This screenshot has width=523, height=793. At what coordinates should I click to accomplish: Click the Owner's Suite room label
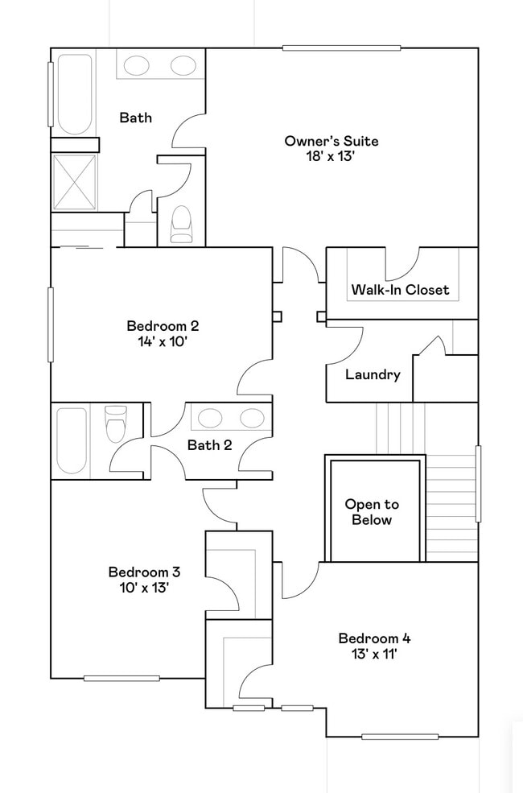click(331, 141)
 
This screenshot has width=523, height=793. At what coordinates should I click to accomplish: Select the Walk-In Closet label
click(400, 290)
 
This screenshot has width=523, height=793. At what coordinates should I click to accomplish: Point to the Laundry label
click(373, 374)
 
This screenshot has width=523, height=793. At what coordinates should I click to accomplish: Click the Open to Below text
click(372, 512)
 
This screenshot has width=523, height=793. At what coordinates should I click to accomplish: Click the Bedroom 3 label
click(145, 572)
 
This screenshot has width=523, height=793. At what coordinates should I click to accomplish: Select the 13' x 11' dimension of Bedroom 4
click(374, 654)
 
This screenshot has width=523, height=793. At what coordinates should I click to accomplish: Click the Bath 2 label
click(210, 445)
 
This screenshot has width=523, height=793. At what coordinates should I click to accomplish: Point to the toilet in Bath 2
click(115, 423)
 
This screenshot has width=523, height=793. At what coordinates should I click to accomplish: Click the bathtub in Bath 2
click(72, 440)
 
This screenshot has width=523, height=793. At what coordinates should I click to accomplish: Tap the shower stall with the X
click(74, 182)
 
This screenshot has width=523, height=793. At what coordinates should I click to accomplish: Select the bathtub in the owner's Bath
click(75, 94)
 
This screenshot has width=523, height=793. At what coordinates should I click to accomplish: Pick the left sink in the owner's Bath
click(137, 64)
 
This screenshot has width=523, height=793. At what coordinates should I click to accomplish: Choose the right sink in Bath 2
click(252, 418)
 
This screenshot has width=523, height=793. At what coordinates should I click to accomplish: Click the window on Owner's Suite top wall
click(342, 48)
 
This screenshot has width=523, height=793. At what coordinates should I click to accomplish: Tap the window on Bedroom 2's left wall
click(51, 324)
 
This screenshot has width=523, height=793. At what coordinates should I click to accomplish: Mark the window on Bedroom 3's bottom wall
click(121, 678)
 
